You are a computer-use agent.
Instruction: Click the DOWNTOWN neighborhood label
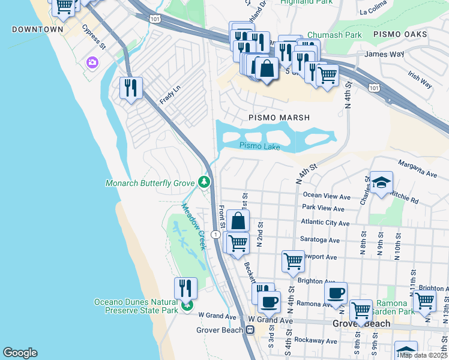pos(37,29)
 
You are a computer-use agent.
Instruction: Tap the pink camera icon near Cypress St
pos(92,62)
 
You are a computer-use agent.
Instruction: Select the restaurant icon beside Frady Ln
pos(130,88)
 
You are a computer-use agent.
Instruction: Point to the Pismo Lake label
pos(259,145)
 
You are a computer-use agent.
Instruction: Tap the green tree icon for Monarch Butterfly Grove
pos(205,182)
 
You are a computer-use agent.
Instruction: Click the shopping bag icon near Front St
pos(238,220)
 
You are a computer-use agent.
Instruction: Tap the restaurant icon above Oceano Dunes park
pos(185,288)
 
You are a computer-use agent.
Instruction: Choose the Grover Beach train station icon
pos(249,329)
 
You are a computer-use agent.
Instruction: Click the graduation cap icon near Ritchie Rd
pos(381,183)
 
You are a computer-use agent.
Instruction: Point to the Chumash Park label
pos(334,35)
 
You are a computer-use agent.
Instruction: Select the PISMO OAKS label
pos(400,34)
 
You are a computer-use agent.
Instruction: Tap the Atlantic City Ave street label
pos(325,223)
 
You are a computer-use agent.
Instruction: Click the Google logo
pos(20,353)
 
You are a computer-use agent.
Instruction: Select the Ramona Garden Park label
pos(393,308)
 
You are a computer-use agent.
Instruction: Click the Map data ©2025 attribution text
pos(423,355)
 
